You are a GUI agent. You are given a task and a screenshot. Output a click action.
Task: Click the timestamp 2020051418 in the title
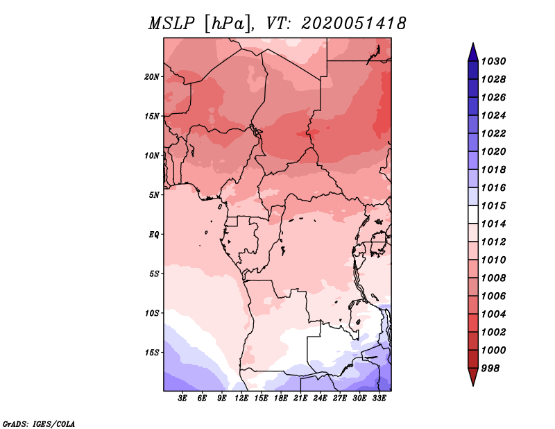pyautogui.click(x=354, y=24)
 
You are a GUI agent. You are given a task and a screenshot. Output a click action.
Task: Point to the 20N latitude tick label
pyautogui.click(x=153, y=76)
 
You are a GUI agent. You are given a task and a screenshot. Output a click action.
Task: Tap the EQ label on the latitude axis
pyautogui.click(x=154, y=235)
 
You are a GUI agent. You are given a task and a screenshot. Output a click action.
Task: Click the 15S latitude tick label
pyautogui.click(x=153, y=353)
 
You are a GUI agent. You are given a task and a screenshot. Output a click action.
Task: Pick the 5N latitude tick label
pyautogui.click(x=155, y=195)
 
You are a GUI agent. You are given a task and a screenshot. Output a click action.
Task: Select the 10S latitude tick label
pyautogui.click(x=153, y=313)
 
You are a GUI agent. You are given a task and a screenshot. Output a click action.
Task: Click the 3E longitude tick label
pyautogui.click(x=183, y=398)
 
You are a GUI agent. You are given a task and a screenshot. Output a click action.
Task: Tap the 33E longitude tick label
pyautogui.click(x=379, y=398)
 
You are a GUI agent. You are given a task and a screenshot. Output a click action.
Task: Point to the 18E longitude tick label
pyautogui.click(x=281, y=398)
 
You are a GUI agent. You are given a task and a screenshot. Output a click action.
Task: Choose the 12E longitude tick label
pyautogui.click(x=241, y=398)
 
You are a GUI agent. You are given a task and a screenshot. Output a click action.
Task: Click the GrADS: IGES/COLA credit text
pyautogui.click(x=39, y=423)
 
